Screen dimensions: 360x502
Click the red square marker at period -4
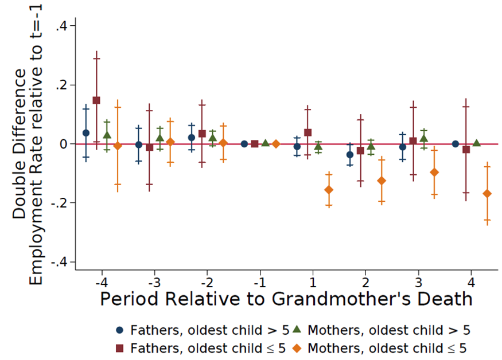[x=96, y=100]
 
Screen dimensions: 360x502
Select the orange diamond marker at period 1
[x=329, y=190]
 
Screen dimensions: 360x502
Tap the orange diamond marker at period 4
[x=487, y=194]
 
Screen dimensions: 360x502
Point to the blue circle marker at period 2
[x=350, y=155]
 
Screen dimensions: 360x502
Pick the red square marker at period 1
[x=308, y=132]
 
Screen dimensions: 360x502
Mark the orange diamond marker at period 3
[x=434, y=173]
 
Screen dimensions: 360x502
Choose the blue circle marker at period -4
[x=86, y=133]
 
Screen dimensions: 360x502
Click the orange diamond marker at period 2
[x=382, y=181]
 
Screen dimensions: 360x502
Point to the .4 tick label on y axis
[x=61, y=26]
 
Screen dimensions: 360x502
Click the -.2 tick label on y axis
[x=59, y=203]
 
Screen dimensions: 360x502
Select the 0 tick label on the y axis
[x=64, y=144]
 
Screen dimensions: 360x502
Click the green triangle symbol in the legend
[x=297, y=330]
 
